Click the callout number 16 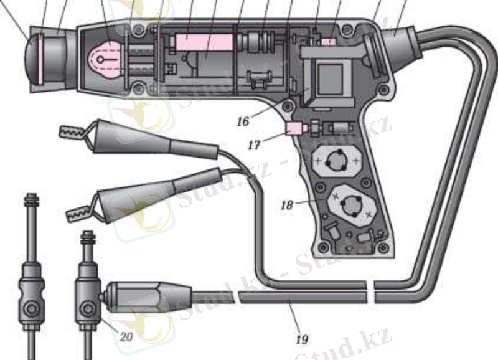coord(243,121)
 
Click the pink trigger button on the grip coord(293,129)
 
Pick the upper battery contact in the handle coord(338,162)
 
